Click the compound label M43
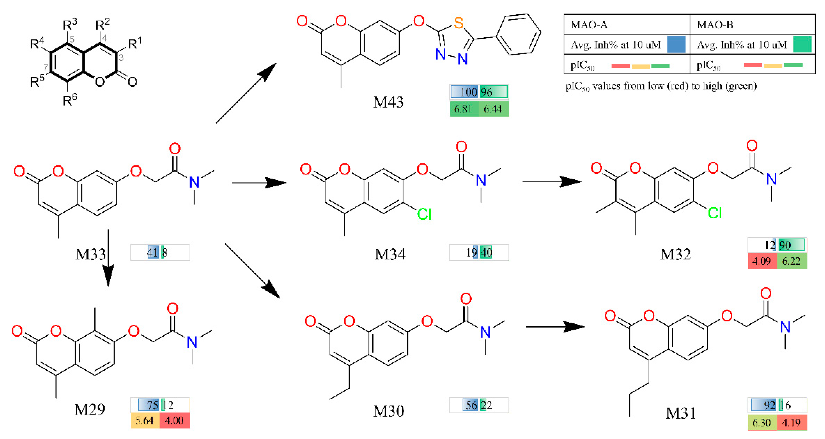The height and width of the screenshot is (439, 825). coord(388,102)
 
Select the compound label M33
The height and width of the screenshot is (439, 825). coord(91,254)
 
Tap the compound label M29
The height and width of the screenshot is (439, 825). coord(90,410)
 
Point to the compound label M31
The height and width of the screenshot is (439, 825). coord(681,413)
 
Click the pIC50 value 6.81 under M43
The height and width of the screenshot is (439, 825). coord(463,109)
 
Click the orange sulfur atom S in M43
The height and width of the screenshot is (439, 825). coord(459,23)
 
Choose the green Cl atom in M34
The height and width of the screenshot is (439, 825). coord(424,214)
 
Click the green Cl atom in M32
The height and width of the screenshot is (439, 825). coord(715,213)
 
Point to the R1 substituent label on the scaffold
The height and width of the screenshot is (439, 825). coord(135,43)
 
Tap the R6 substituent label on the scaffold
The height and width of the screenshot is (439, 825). coord(69,100)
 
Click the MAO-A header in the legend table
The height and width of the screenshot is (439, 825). coord(589,25)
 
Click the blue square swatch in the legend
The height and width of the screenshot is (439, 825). coord(676,44)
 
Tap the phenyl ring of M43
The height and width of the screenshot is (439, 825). coord(518,34)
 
